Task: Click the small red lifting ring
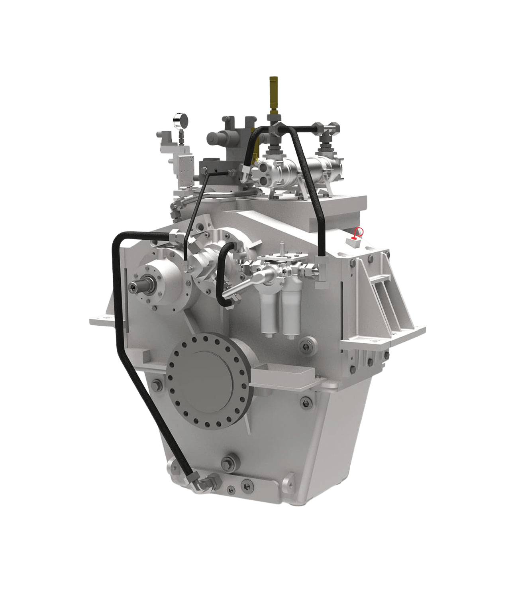(359, 231)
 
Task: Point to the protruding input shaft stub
(136, 286)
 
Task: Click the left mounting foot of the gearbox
(100, 319)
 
